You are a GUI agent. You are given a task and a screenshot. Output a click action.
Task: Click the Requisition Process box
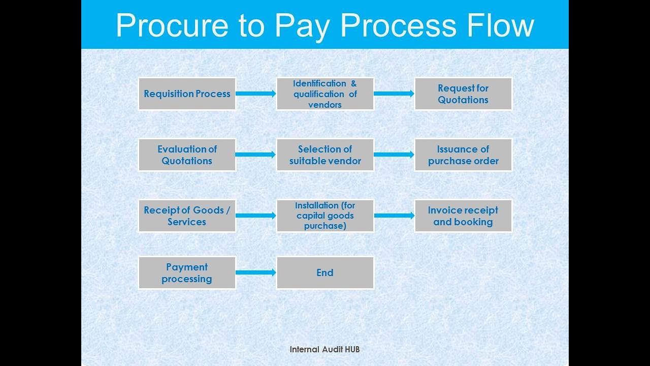point(187,94)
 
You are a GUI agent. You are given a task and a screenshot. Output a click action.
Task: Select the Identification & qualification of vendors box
point(325,94)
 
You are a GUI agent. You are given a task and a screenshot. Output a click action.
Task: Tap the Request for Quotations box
point(463,94)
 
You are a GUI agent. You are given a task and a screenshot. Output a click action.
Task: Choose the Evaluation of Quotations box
point(187,155)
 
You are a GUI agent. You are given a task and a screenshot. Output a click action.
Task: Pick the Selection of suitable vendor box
point(325,155)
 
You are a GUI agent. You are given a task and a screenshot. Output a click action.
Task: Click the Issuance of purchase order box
point(463,155)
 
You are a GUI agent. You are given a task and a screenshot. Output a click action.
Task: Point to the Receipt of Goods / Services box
point(187,216)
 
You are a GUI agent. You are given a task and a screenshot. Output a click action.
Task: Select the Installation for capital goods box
point(325,216)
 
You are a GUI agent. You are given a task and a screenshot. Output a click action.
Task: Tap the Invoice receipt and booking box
point(463,216)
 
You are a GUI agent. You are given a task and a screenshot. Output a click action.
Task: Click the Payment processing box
point(187,272)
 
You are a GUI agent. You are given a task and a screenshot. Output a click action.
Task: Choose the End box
point(325,272)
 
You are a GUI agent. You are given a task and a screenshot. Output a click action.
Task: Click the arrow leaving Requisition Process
point(256,94)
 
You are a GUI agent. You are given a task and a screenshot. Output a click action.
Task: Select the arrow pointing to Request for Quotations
point(394,94)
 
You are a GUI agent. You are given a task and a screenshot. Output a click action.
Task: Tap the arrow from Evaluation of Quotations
point(256,155)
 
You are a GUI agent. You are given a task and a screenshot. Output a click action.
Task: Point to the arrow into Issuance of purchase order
point(394,155)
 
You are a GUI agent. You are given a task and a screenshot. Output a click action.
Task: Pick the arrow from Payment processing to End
point(256,272)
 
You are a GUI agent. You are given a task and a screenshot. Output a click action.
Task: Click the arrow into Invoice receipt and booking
point(394,216)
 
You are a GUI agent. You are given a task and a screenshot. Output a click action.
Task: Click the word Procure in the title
point(172,25)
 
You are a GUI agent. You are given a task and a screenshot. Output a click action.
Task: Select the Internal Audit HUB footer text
point(324,349)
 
